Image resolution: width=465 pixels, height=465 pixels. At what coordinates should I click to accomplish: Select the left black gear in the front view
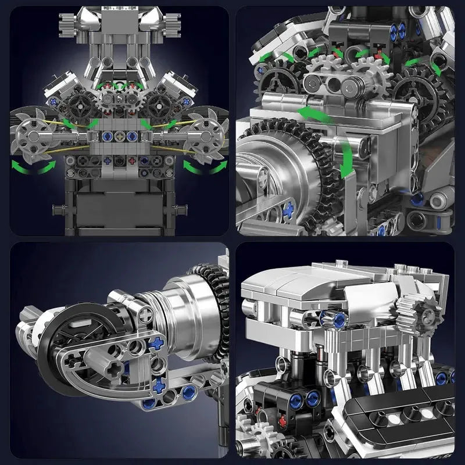point(77,103)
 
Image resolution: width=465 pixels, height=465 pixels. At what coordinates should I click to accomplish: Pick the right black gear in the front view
point(157,103)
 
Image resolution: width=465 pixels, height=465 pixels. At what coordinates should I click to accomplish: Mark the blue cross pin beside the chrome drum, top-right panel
point(287,210)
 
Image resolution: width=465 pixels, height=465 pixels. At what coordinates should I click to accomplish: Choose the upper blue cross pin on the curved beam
point(155,344)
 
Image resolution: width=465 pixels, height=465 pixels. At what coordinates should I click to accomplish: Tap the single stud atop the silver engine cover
point(398,269)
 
